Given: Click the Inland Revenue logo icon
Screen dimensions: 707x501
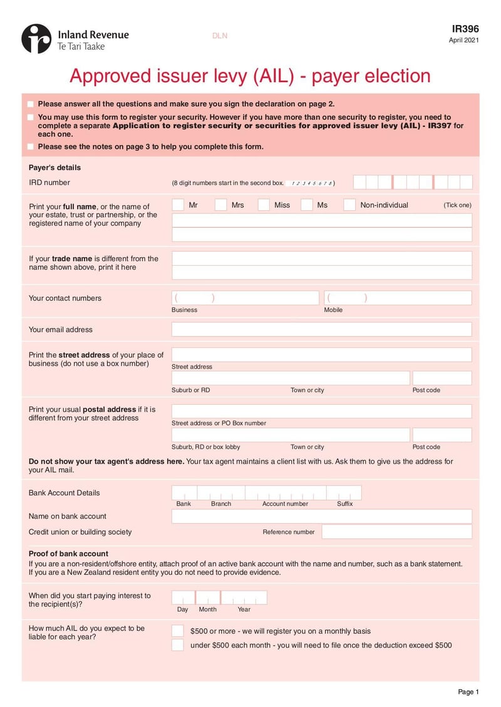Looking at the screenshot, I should point(36,39).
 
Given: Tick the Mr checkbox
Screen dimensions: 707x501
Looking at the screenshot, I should point(178,205).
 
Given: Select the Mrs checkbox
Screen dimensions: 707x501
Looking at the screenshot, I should point(220,205).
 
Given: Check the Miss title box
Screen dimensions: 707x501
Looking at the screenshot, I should point(264,205).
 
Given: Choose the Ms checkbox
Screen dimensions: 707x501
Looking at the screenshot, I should point(306,205).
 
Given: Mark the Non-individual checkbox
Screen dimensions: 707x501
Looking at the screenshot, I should point(349,205).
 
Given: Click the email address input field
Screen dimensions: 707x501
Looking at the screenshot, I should point(321,330).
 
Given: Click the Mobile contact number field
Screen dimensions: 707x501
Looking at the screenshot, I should point(398,298).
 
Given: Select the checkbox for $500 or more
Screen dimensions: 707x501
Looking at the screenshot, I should point(178,631).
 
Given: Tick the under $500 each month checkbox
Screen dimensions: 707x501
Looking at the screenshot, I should point(178,645).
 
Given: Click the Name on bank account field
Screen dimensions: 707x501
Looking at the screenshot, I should point(321,516).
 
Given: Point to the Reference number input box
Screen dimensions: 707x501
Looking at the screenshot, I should point(396,532).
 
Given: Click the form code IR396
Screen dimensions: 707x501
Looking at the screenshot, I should point(465,29).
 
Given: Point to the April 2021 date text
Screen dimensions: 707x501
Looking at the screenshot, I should point(464,41).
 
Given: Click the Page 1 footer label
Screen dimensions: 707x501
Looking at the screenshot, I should point(468,691).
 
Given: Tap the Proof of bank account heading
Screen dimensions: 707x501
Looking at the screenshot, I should point(68,554).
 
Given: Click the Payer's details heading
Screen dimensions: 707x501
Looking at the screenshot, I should point(54,168).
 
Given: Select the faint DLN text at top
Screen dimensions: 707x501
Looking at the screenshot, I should point(220,36).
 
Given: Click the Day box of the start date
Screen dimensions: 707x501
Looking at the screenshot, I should point(183,598).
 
